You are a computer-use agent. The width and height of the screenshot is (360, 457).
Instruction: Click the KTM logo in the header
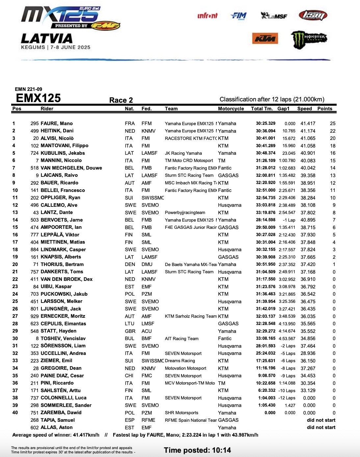(265, 39)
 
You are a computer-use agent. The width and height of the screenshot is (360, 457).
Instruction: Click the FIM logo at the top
(239, 15)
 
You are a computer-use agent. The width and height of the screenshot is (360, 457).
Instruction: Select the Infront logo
(207, 15)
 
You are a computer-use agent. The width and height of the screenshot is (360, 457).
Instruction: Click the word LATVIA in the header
(47, 39)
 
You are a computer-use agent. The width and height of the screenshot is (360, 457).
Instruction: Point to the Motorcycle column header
(231, 109)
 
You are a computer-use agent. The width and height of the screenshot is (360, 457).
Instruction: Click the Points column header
(325, 109)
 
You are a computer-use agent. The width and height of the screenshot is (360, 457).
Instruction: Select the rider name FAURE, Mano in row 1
(57, 123)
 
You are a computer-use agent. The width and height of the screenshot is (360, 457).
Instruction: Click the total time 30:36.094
(266, 131)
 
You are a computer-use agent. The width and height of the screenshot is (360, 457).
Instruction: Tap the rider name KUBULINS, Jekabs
(63, 153)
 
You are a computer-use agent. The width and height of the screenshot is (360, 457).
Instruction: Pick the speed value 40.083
(308, 161)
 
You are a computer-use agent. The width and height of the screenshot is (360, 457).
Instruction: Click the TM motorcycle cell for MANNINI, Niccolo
(222, 161)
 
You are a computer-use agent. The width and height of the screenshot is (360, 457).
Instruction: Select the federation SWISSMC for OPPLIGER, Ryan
(153, 198)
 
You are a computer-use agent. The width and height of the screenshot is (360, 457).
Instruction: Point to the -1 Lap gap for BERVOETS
(289, 220)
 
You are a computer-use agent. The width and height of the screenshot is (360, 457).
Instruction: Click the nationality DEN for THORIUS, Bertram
(130, 264)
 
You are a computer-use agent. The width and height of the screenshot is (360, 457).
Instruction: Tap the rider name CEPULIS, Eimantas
(63, 324)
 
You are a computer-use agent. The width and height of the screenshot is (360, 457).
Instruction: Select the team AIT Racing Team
(182, 338)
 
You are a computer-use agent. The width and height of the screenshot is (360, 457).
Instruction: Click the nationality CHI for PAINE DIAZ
(129, 376)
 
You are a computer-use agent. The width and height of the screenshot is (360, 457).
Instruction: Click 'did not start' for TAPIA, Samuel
(321, 420)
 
